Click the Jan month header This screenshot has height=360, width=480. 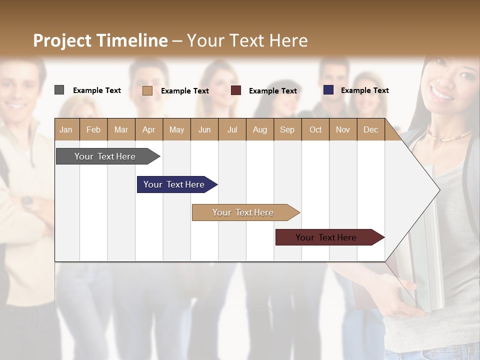click(66, 129)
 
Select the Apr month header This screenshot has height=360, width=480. click(149, 129)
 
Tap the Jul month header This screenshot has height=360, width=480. click(232, 129)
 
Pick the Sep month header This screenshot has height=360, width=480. click(287, 129)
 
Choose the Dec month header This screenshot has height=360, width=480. click(370, 129)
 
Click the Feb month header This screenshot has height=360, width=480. click(93, 129)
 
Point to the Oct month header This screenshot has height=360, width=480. click(315, 129)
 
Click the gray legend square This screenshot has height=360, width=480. click(59, 90)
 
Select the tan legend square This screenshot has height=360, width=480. click(147, 90)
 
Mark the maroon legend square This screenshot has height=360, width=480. click(236, 90)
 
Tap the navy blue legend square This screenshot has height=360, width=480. click(328, 90)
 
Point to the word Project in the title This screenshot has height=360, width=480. click(62, 40)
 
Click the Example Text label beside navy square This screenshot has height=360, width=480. click(364, 90)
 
